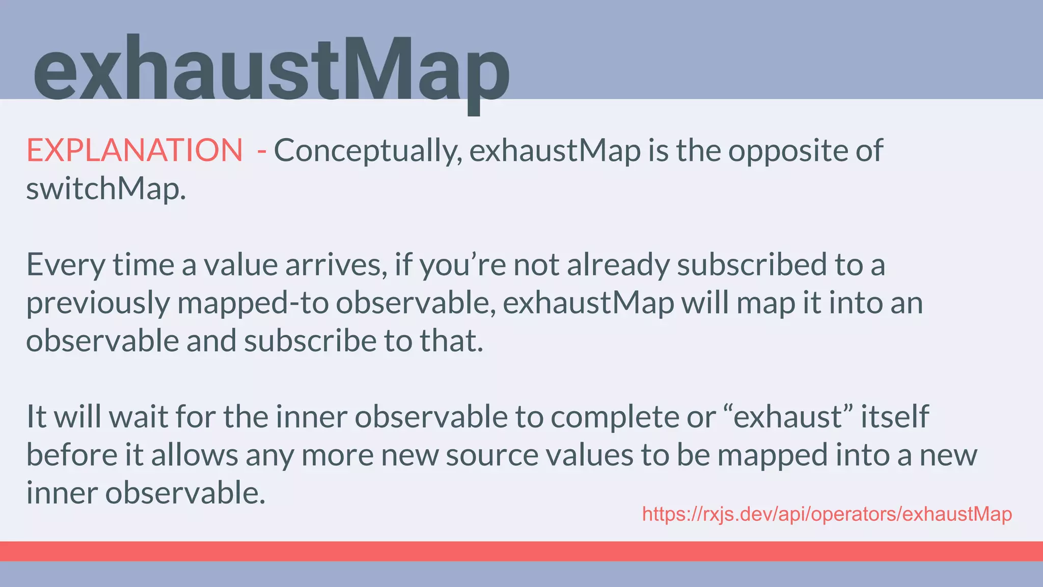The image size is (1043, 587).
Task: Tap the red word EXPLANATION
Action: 134,150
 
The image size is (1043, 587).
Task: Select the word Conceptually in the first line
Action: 368,151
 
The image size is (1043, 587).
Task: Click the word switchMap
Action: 105,189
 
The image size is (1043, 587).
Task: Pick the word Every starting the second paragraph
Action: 65,265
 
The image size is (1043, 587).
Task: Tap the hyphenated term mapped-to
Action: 253,303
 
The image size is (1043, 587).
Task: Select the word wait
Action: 139,416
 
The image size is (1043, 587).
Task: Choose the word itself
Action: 895,416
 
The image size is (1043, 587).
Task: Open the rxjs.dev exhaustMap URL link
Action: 827,514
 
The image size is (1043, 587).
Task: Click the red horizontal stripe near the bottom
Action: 521,551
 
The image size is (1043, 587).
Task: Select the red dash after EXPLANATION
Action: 262,151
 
